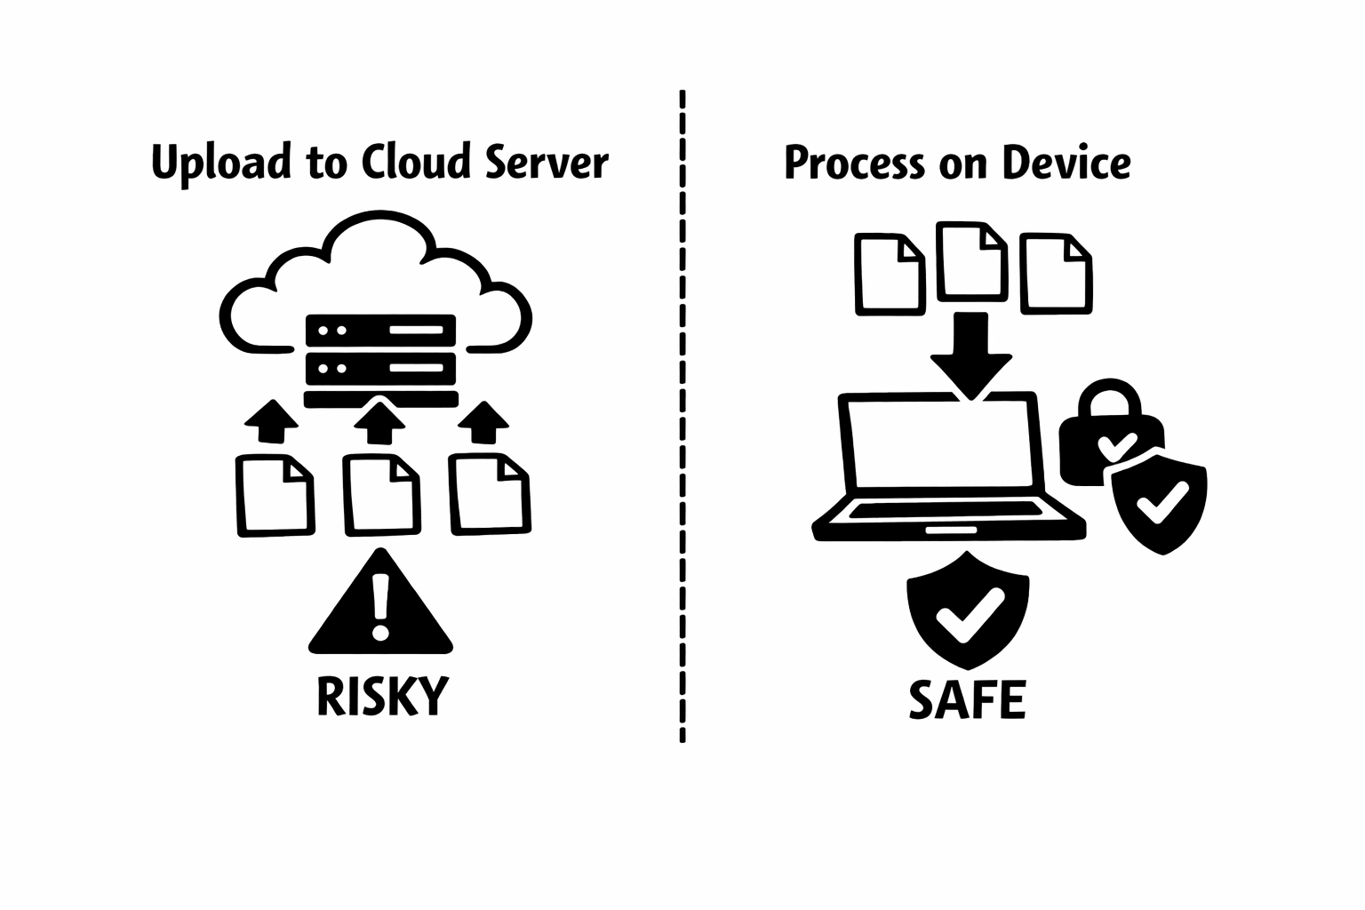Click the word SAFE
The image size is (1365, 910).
coord(968,699)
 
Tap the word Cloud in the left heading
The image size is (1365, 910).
coord(415,163)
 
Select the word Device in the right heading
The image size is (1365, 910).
coord(1066,164)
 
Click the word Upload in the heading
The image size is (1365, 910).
coord(221,164)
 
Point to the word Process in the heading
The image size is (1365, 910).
coord(854,164)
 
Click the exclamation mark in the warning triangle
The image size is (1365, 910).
coord(381,606)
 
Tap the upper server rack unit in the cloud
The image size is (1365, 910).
coord(380,330)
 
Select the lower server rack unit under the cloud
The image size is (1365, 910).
coord(380,366)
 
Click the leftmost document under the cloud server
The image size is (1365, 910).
coord(275,495)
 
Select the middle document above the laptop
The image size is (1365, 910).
coord(972,260)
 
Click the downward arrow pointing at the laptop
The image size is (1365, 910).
coord(970,354)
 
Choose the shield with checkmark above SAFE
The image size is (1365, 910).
coord(968,611)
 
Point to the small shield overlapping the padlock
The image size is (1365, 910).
coord(1160,505)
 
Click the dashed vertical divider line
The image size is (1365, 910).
coord(682,418)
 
